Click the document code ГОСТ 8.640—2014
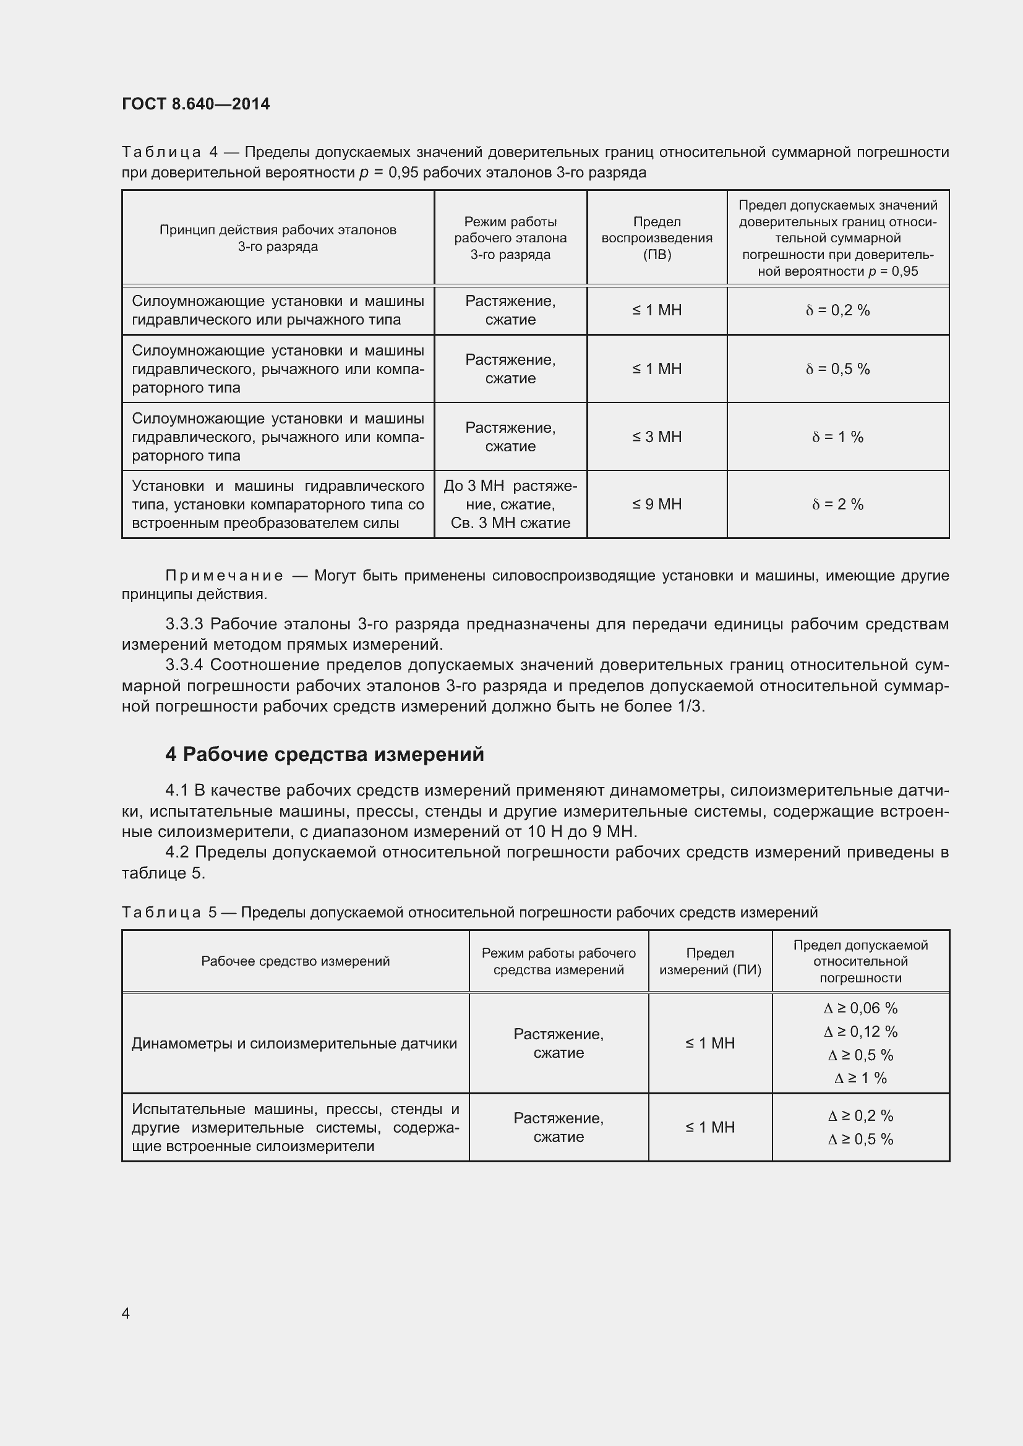tap(195, 104)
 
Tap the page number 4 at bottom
tap(126, 1313)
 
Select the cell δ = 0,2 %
tap(837, 310)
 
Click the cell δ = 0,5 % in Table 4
tap(837, 369)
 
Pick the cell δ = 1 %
tap(837, 437)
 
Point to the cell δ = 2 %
tap(837, 504)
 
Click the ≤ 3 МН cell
tap(656, 437)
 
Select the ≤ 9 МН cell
tap(656, 504)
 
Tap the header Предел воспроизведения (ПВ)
tap(656, 238)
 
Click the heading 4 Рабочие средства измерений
tap(325, 754)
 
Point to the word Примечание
tap(224, 576)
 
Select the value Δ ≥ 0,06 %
tap(860, 1008)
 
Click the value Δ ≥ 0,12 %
tap(860, 1032)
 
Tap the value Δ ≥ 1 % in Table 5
tap(860, 1078)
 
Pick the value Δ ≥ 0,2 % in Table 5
tap(860, 1116)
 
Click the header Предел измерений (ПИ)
tap(710, 961)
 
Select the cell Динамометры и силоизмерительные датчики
tap(294, 1044)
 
